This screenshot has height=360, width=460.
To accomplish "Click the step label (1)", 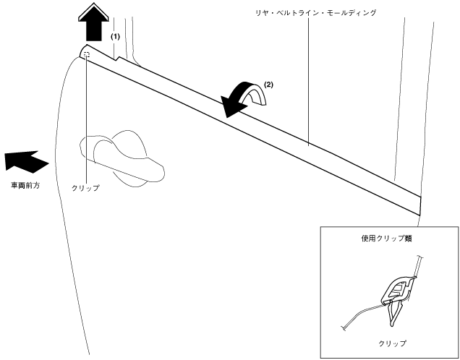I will [x=115, y=35].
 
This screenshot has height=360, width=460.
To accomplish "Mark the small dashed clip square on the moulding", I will [x=87, y=53].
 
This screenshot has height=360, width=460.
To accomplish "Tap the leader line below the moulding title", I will [x=309, y=80].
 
